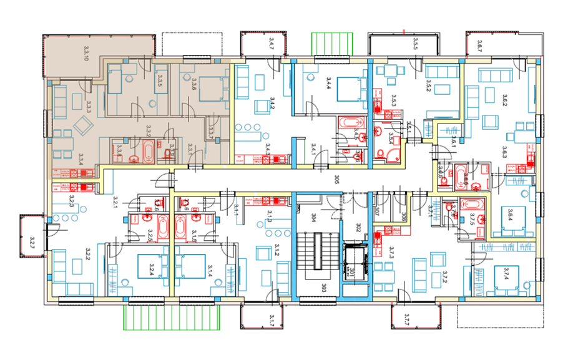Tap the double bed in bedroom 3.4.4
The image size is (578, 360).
pyautogui.click(x=345, y=89)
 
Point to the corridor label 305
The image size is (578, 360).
pyautogui.click(x=336, y=181)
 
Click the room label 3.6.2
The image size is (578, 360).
pyautogui.click(x=504, y=100)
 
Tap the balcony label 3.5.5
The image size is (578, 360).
pyautogui.click(x=414, y=44)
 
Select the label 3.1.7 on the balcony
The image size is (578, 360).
pyautogui.click(x=272, y=321)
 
